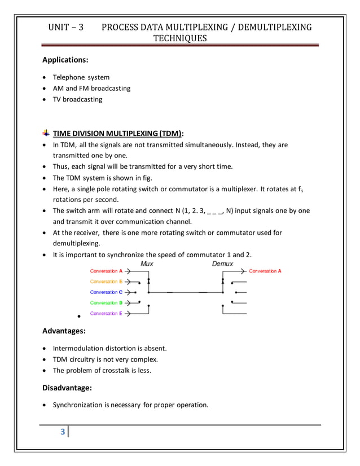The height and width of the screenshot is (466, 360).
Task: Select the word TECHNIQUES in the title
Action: point(180,38)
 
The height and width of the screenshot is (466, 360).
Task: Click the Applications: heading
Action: point(65,59)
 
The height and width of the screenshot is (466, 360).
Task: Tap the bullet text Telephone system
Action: point(81,77)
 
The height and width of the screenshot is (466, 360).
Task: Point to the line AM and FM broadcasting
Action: point(91,88)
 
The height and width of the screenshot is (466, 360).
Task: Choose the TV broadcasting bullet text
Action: point(78,99)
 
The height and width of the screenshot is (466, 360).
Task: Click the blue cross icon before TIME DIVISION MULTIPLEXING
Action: point(46,133)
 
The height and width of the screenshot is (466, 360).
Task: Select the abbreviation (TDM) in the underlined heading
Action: point(170,134)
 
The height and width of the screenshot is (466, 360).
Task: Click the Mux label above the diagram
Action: point(147,263)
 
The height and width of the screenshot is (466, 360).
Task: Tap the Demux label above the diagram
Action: point(222,263)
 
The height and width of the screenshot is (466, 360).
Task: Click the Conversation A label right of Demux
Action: point(265,271)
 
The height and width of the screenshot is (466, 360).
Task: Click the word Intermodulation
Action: point(78,348)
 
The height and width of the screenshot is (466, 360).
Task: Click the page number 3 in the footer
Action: point(63,432)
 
